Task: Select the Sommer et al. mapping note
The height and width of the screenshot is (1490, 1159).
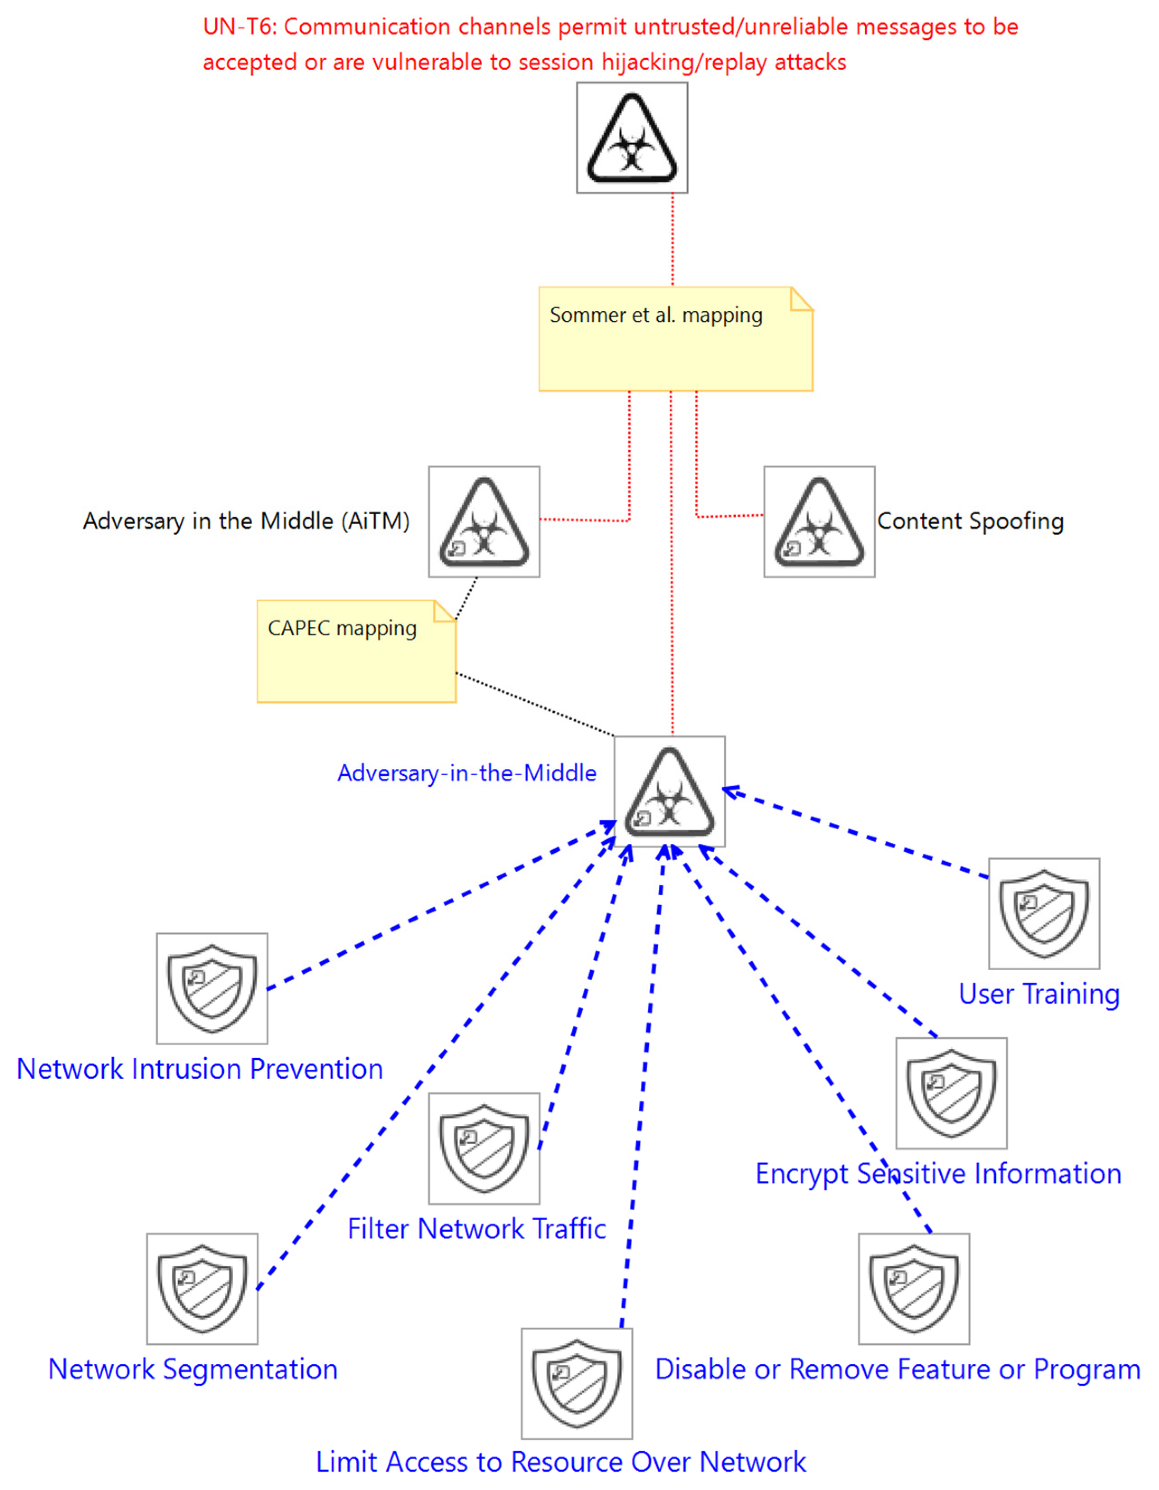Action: tap(676, 339)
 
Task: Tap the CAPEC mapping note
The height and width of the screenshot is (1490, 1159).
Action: tap(356, 652)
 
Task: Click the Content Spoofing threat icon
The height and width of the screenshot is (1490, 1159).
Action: tap(819, 522)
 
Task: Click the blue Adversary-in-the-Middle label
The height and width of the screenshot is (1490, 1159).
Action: tap(467, 773)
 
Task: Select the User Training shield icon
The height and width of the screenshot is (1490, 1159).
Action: tap(1044, 913)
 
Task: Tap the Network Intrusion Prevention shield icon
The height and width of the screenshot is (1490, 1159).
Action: tap(212, 988)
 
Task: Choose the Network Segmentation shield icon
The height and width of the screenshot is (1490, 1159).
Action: tap(202, 1289)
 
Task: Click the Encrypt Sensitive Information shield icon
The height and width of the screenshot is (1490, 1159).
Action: tap(951, 1094)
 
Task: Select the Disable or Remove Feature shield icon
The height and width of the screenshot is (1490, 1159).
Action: tap(914, 1289)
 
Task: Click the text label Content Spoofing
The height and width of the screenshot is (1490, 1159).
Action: tap(970, 521)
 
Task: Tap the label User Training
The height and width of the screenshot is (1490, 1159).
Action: tap(1039, 994)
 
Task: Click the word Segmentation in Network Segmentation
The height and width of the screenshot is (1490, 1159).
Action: tap(250, 1369)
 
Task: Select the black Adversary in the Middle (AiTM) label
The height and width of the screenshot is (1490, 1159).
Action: tap(246, 521)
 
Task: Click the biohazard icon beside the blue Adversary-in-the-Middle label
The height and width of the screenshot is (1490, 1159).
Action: tap(669, 791)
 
